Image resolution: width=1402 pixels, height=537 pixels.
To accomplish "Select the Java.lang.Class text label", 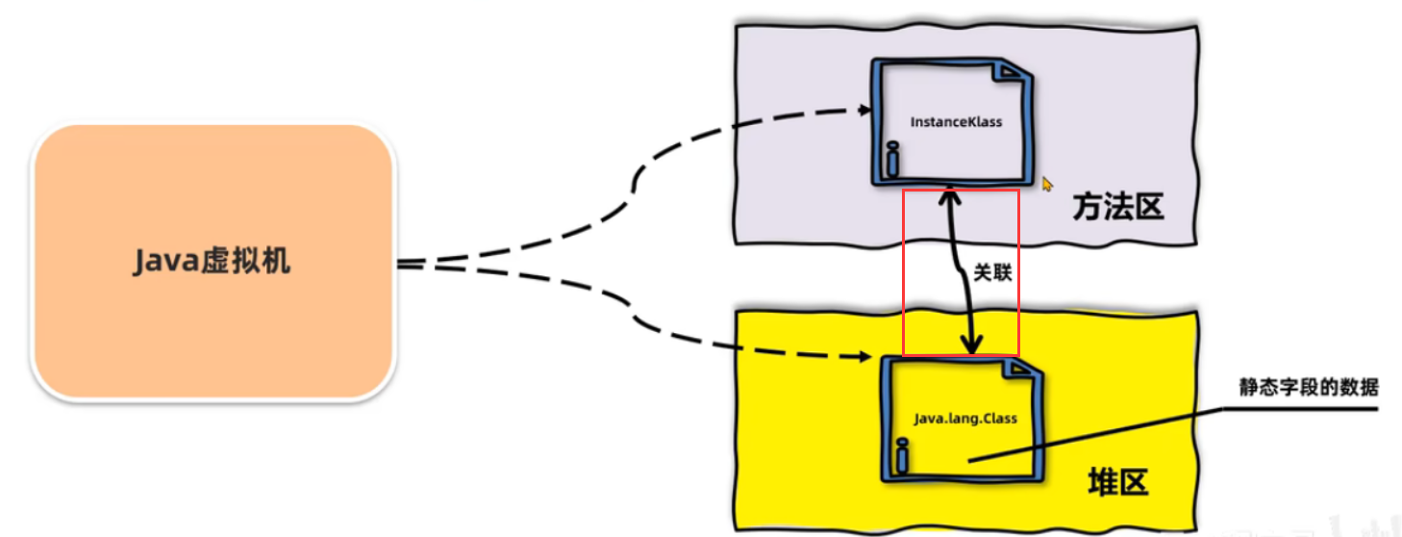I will click(x=964, y=419).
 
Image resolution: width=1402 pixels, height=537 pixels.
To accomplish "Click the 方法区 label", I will click(x=1117, y=206).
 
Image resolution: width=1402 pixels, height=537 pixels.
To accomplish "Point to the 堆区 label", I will click(x=1117, y=482).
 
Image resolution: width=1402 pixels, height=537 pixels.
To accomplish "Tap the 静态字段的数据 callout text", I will click(x=1309, y=389).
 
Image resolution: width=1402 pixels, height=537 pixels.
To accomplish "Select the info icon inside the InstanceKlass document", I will click(x=892, y=160).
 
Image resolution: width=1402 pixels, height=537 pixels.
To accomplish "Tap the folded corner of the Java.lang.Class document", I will click(x=1022, y=370).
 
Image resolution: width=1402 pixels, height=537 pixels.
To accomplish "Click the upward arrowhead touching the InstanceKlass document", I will click(x=949, y=195).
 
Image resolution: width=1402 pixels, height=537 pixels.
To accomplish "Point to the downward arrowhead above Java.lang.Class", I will click(x=973, y=345).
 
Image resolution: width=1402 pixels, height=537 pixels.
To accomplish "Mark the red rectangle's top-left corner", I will click(x=903, y=190).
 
